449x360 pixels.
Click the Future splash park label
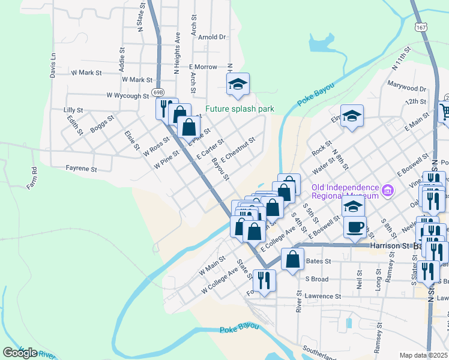(240, 109)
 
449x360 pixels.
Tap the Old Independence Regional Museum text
(345, 191)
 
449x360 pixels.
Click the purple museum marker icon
(388, 191)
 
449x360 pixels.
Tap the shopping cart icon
(445, 111)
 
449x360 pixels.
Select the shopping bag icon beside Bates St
(292, 259)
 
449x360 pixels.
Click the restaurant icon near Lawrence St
(264, 280)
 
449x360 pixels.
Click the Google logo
(20, 352)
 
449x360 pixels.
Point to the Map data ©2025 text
(424, 355)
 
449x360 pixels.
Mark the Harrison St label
(390, 245)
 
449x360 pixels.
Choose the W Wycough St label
(127, 95)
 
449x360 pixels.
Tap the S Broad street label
(316, 279)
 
